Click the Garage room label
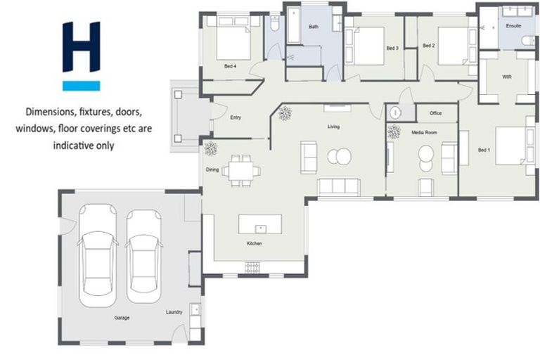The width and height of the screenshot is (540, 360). (x=122, y=318)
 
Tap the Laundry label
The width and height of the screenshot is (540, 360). (x=174, y=312)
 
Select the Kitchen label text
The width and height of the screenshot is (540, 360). (x=254, y=243)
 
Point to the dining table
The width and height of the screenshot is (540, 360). (x=241, y=171)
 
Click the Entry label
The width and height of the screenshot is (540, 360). (x=236, y=117)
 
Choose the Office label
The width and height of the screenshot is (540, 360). (x=435, y=113)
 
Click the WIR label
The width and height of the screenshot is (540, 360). (x=507, y=76)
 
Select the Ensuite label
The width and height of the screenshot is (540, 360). (x=514, y=26)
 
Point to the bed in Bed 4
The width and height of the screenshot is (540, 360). (x=233, y=40)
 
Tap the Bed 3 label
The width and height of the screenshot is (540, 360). (x=392, y=48)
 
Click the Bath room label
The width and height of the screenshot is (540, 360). (x=314, y=27)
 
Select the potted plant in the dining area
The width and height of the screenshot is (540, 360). (x=210, y=148)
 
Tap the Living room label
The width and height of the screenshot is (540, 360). (x=333, y=127)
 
